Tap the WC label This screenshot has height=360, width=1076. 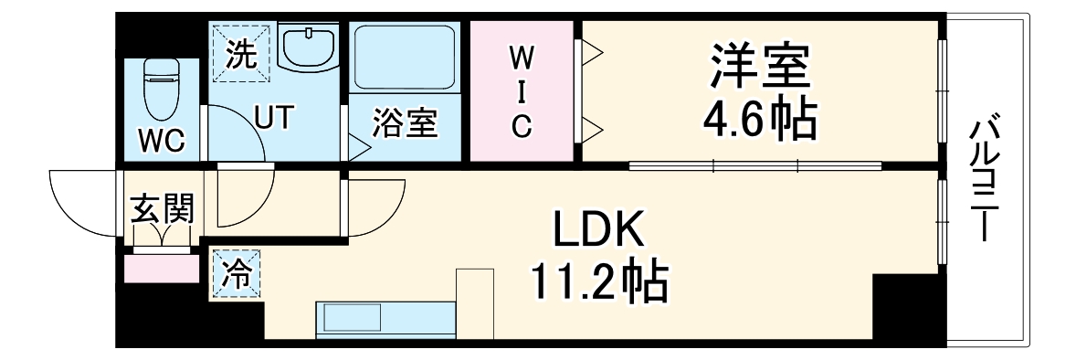point(161,142)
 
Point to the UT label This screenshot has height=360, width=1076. point(273,119)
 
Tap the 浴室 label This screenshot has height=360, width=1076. point(406,126)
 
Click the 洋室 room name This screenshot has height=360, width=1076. point(759,66)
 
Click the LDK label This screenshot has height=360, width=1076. point(598,229)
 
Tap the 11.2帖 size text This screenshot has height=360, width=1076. point(598,282)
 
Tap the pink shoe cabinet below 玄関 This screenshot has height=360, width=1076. point(162,270)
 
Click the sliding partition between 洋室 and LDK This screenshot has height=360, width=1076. point(754,166)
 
